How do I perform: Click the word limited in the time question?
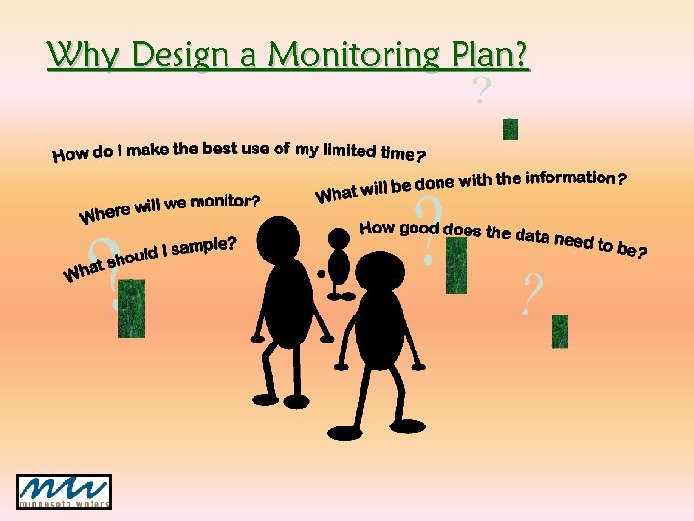[x=350, y=149]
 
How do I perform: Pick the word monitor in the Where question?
[x=224, y=202]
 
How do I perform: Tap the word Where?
[x=105, y=211]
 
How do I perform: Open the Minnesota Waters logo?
[x=64, y=492]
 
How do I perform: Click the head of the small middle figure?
[x=338, y=236]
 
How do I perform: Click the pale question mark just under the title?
[x=481, y=92]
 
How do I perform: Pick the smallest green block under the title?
[x=510, y=128]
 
